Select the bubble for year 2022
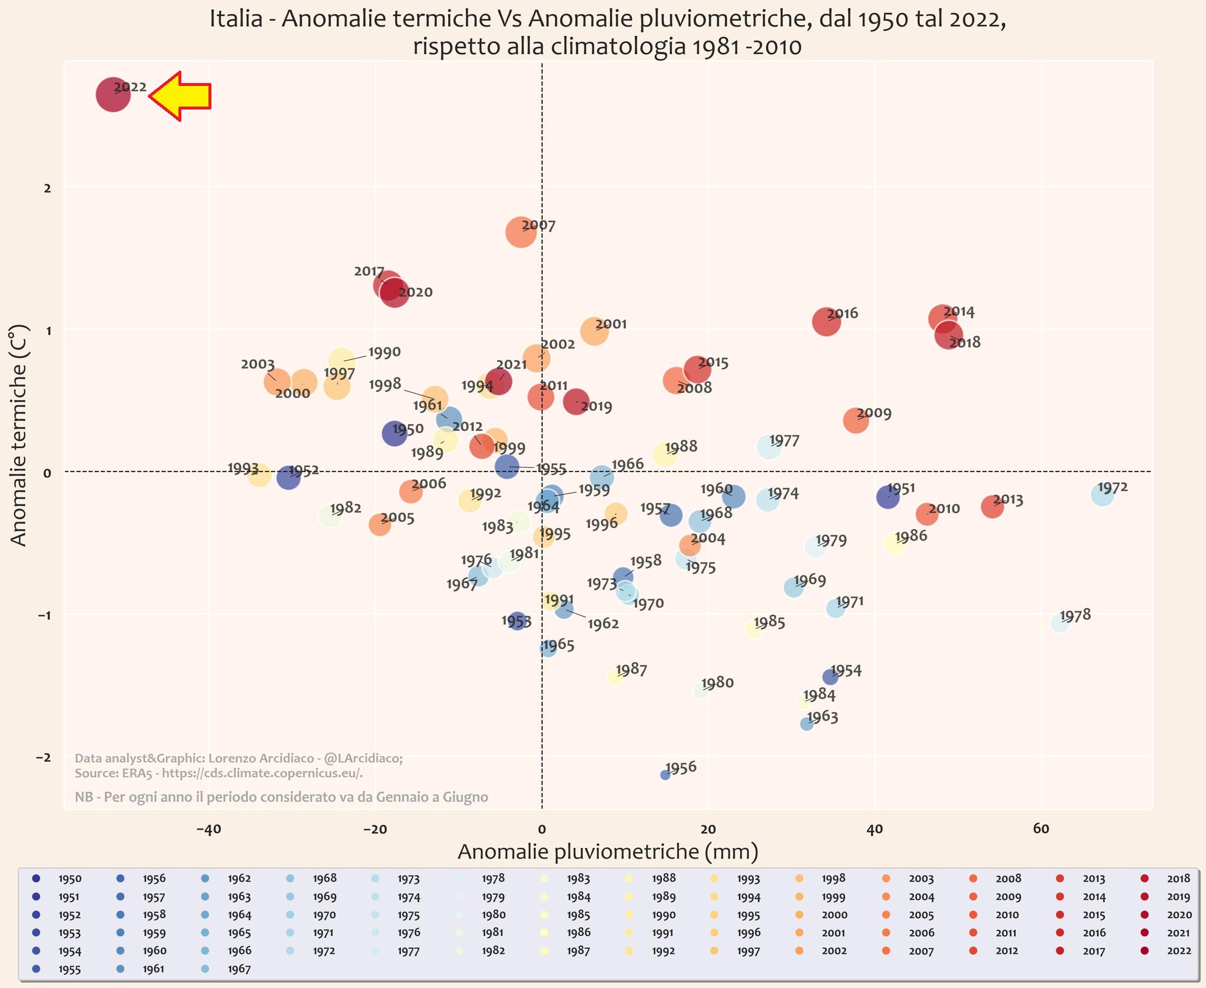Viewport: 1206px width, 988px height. (x=113, y=94)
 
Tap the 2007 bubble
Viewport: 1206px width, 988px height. (x=521, y=232)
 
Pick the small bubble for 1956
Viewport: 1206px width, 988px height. (x=665, y=775)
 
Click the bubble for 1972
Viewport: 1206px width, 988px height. (x=1102, y=495)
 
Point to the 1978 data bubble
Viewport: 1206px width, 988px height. (x=1060, y=624)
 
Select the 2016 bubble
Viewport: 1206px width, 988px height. (x=826, y=321)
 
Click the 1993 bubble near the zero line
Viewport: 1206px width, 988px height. (x=259, y=475)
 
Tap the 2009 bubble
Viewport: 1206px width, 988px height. (x=856, y=420)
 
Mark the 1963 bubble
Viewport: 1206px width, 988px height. (x=807, y=724)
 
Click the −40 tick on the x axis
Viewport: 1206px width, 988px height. (x=208, y=830)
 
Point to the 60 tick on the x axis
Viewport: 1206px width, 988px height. (x=1041, y=830)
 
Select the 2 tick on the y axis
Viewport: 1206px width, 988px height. (x=47, y=188)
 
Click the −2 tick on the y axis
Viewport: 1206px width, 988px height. (x=44, y=757)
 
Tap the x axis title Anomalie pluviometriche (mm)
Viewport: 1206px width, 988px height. (x=608, y=852)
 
